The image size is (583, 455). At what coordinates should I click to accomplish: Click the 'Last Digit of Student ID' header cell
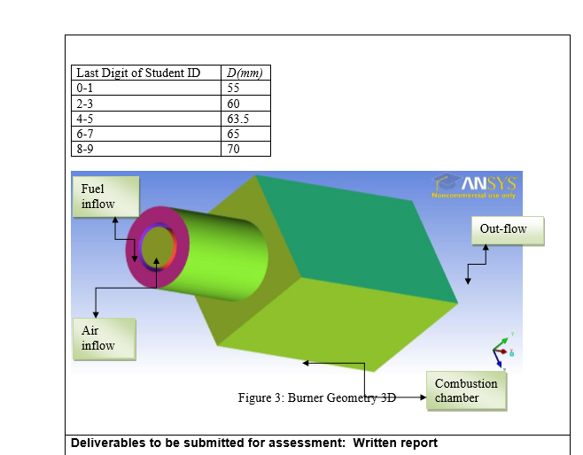145,73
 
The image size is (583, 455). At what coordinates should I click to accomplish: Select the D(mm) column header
245,73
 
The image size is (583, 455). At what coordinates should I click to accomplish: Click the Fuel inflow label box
105,197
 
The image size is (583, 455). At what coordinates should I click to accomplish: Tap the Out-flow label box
505,229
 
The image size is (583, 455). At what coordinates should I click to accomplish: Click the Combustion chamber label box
467,390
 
